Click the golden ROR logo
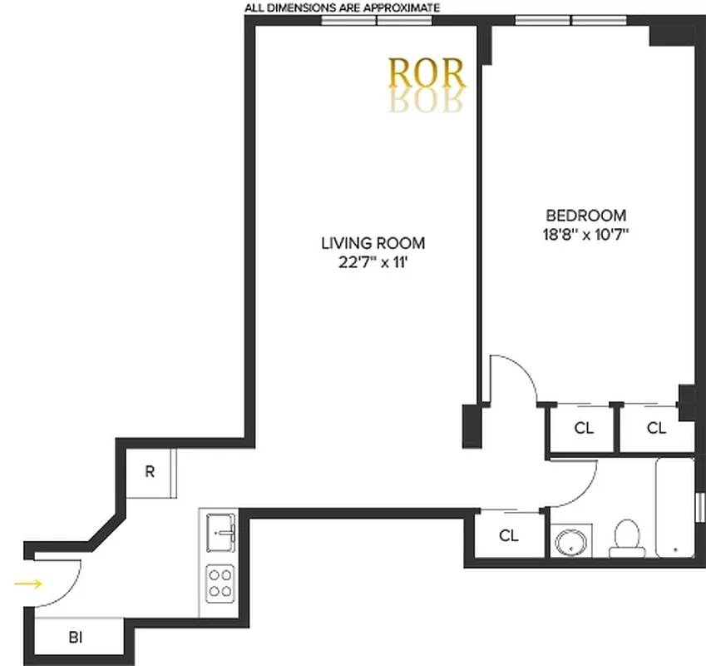click(x=427, y=74)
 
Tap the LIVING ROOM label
click(x=373, y=243)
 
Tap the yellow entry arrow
click(x=28, y=584)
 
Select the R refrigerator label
click(x=150, y=472)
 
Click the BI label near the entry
click(x=75, y=638)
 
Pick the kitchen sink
click(x=221, y=528)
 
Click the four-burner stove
click(x=220, y=582)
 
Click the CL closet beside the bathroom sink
click(x=509, y=536)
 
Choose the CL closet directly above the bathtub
click(x=656, y=428)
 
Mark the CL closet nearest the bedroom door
click(x=584, y=428)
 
